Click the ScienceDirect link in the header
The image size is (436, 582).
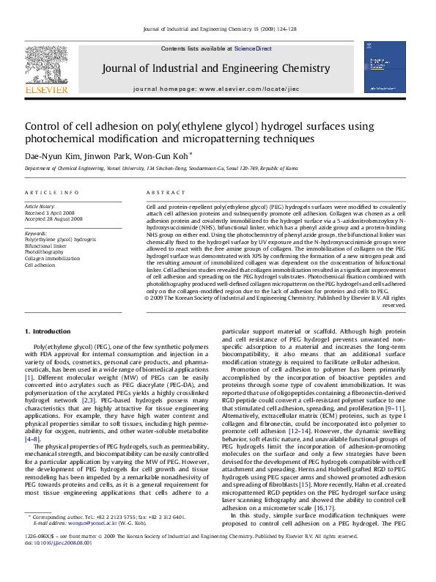(253, 48)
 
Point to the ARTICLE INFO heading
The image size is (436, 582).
(52, 193)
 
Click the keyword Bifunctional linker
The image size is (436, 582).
(45, 246)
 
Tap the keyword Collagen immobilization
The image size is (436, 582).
(53, 259)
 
